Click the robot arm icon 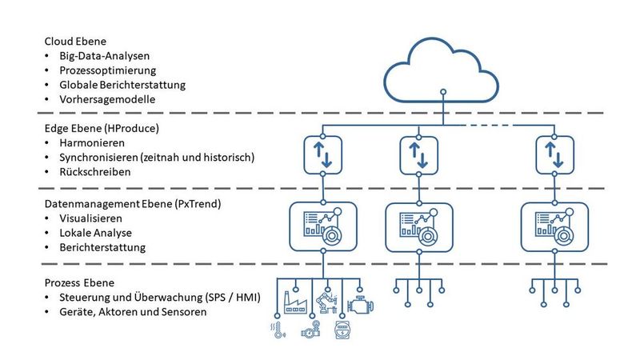click(x=326, y=302)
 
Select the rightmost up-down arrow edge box click(x=554, y=154)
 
